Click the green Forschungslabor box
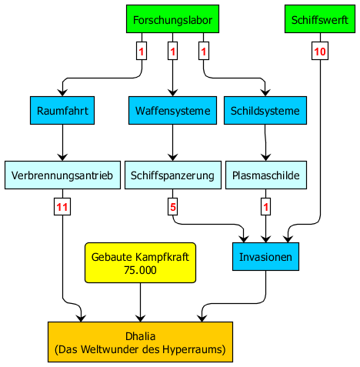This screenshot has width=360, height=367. [172, 19]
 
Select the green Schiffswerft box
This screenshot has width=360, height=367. [320, 19]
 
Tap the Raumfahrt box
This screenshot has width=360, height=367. [62, 111]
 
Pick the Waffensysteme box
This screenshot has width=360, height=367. [172, 111]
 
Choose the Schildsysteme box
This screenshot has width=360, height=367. [265, 111]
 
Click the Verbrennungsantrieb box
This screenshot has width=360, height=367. [62, 175]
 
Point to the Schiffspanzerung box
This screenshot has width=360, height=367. [173, 175]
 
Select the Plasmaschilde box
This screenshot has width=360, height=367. [266, 175]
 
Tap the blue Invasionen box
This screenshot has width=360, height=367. [265, 256]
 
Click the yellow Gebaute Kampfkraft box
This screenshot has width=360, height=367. [140, 263]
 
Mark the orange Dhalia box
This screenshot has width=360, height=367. [140, 342]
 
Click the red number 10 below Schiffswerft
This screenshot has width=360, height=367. [320, 52]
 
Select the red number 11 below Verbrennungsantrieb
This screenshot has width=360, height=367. [62, 207]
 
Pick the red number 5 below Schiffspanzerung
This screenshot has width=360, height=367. [173, 207]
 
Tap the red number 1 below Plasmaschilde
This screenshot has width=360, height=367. [266, 207]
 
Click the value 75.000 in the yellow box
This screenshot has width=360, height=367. [140, 270]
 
